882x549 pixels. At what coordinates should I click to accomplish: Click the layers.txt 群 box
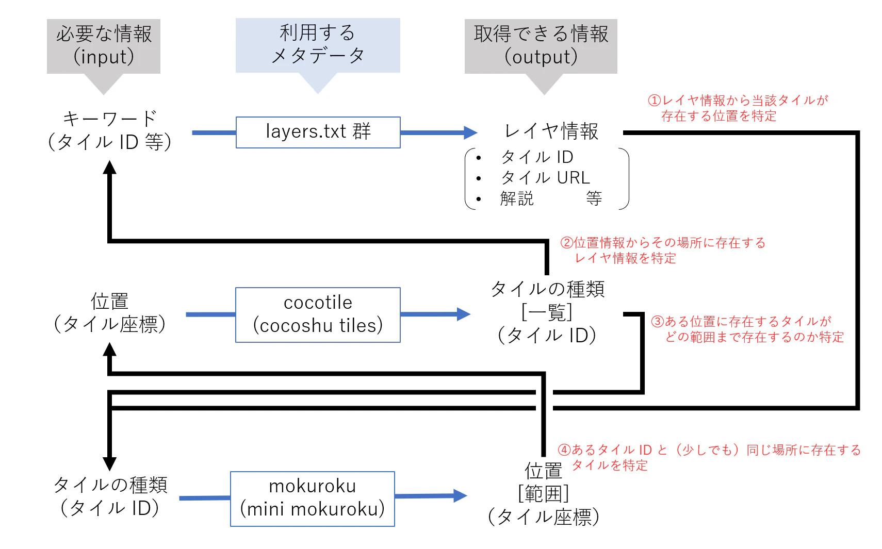click(x=318, y=132)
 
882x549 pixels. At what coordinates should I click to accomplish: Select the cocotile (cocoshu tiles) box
click(x=318, y=314)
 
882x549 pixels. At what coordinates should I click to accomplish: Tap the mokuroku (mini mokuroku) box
click(x=312, y=498)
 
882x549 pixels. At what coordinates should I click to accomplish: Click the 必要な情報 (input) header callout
click(x=104, y=46)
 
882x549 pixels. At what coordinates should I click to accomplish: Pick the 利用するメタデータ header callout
click(x=318, y=45)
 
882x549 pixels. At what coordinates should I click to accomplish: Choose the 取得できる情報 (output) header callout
click(x=541, y=46)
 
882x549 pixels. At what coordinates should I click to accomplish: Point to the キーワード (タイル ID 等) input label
click(x=109, y=130)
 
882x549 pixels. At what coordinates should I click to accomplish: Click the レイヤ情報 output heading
click(x=551, y=131)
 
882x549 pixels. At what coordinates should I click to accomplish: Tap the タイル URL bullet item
click(x=545, y=178)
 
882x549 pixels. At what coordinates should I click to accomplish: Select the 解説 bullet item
click(x=517, y=198)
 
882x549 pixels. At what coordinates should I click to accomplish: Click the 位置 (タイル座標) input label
click(x=109, y=313)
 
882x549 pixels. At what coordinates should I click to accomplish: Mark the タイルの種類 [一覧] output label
click(x=547, y=312)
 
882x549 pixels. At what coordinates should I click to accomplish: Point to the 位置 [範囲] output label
click(x=544, y=494)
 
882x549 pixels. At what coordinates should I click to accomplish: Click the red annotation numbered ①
click(x=738, y=108)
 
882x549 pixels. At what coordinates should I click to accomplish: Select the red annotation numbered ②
click(x=663, y=250)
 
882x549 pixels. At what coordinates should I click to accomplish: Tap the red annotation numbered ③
click(x=747, y=329)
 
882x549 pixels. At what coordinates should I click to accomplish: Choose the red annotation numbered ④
click(x=709, y=457)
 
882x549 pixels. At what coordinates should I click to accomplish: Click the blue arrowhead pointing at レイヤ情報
click(x=470, y=132)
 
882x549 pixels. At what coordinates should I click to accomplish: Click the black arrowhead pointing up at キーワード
click(x=109, y=168)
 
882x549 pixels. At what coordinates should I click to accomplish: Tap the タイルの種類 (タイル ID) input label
click(x=110, y=496)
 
